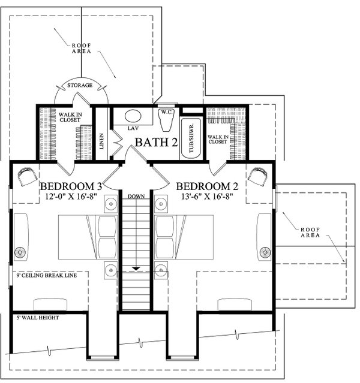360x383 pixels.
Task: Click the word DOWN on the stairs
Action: (x=136, y=197)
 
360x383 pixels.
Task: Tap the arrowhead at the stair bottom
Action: (x=136, y=269)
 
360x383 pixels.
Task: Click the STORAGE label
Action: (x=80, y=86)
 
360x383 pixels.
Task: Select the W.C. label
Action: (x=166, y=111)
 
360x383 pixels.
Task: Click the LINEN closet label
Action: (x=101, y=140)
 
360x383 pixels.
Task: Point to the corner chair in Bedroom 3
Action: (x=26, y=176)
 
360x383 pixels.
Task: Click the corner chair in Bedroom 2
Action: (x=259, y=176)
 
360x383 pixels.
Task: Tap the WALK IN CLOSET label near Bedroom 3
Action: (x=70, y=115)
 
